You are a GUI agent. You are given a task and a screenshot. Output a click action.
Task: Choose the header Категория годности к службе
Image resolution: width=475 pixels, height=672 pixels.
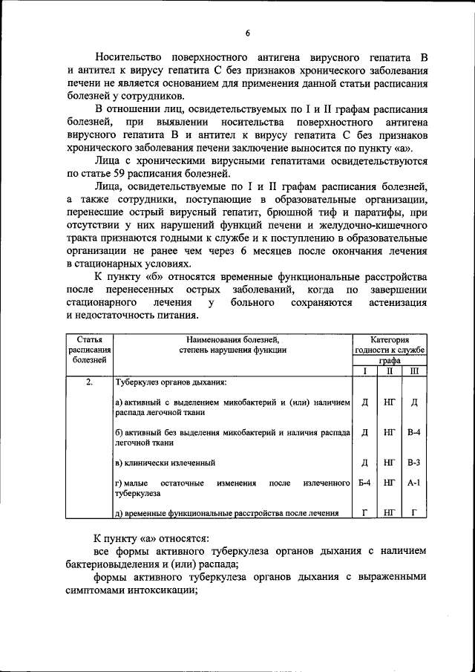[390, 343]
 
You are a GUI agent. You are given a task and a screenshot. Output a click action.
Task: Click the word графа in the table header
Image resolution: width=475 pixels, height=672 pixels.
[390, 360]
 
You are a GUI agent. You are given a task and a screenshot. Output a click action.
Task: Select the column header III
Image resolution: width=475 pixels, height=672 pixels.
[414, 371]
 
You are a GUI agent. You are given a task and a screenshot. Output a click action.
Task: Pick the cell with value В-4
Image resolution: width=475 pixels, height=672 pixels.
[414, 431]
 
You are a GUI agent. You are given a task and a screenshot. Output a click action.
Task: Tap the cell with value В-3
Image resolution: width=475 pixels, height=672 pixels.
[414, 463]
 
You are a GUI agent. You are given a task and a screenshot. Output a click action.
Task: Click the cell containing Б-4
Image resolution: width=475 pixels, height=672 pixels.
[364, 483]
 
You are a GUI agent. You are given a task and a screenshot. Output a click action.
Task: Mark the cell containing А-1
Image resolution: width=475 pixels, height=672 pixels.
[414, 483]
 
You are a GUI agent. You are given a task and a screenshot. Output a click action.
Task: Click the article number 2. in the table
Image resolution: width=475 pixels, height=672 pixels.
[89, 382]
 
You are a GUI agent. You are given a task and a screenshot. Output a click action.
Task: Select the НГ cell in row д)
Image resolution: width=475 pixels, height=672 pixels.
[390, 512]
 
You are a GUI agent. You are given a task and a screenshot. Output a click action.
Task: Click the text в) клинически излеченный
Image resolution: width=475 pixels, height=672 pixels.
[165, 463]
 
